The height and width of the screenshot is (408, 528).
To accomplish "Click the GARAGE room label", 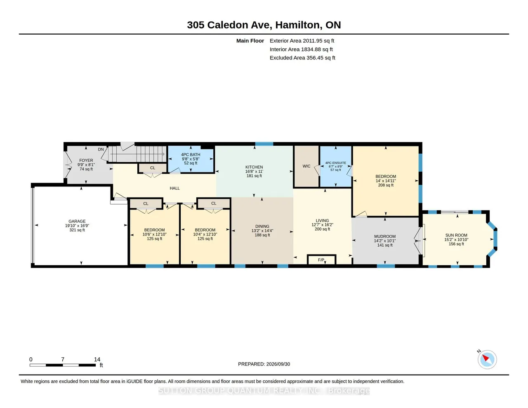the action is pyautogui.click(x=77, y=221).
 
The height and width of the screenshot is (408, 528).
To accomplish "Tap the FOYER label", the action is pyautogui.click(x=86, y=160).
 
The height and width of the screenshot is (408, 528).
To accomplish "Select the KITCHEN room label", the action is pyautogui.click(x=254, y=167).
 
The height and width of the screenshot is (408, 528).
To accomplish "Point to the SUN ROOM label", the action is pyautogui.click(x=456, y=235).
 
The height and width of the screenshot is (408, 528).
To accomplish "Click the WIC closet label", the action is pyautogui.click(x=306, y=166).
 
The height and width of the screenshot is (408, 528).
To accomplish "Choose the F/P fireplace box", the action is pyautogui.click(x=321, y=259).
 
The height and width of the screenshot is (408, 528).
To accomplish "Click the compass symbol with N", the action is pyautogui.click(x=487, y=359).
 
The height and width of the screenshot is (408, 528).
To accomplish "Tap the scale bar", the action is pyautogui.click(x=63, y=365).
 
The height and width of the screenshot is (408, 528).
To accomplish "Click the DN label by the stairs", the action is pyautogui.click(x=101, y=149).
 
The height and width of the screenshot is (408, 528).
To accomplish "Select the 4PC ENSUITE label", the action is pyautogui.click(x=335, y=163).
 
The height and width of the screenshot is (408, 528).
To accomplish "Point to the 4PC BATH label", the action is pyautogui.click(x=191, y=155).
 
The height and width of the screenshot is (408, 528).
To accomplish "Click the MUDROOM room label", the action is pyautogui.click(x=385, y=236).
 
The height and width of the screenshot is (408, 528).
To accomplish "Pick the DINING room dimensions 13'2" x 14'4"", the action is pyautogui.click(x=262, y=231).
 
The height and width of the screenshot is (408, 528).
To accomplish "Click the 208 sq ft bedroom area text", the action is pyautogui.click(x=386, y=185).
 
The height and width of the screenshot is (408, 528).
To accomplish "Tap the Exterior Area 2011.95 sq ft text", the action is pyautogui.click(x=302, y=40).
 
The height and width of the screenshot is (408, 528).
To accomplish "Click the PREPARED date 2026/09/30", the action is pyautogui.click(x=278, y=364).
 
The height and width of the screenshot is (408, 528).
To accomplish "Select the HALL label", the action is pyautogui.click(x=175, y=188).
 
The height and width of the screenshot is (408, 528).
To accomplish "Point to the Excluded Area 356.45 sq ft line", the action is pyautogui.click(x=302, y=58).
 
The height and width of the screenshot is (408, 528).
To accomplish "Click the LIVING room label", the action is pyautogui.click(x=322, y=220).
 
